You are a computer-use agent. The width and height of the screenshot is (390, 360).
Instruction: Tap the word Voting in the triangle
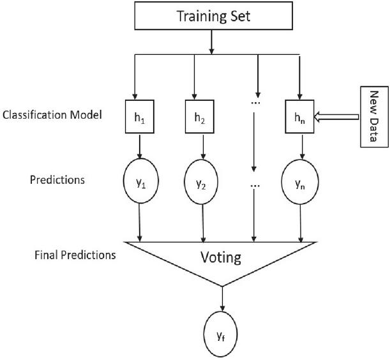click(220, 258)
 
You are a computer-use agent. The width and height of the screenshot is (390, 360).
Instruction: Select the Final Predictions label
click(75, 255)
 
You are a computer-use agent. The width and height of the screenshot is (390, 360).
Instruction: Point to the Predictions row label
click(57, 179)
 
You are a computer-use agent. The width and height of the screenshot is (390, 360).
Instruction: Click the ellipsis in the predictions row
click(255, 186)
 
